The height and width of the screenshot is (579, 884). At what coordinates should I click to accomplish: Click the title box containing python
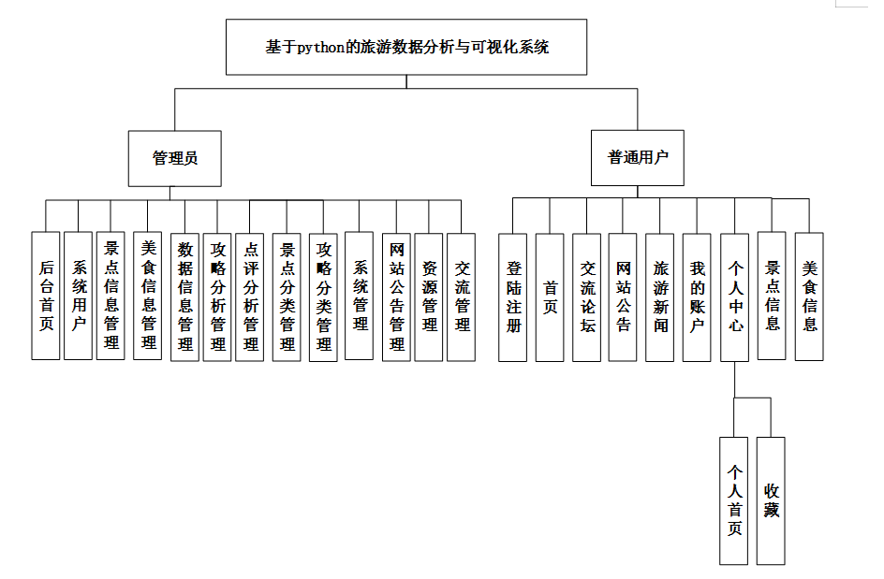(406, 47)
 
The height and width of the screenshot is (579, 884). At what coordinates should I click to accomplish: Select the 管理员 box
(175, 158)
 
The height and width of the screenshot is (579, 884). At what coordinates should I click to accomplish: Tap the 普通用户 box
(639, 158)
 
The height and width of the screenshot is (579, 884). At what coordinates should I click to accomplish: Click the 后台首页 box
(46, 296)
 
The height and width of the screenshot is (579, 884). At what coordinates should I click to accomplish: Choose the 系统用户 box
(79, 296)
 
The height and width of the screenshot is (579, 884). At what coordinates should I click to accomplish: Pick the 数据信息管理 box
(185, 296)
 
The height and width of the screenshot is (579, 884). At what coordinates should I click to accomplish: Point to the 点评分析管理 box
(250, 296)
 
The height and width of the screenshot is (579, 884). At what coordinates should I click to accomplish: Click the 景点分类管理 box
(287, 296)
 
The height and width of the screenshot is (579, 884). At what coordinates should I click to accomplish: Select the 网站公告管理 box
(396, 296)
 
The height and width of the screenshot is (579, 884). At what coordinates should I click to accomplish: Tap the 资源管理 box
(429, 296)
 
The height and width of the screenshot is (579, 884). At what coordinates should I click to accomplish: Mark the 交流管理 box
(462, 296)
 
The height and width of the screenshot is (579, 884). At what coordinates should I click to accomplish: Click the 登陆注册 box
(512, 297)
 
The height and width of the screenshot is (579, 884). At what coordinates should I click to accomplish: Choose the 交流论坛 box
(587, 297)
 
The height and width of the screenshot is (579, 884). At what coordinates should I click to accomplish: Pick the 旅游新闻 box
(660, 297)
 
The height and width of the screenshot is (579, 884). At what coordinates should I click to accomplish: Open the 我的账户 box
(697, 297)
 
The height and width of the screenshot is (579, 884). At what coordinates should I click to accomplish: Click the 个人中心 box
(735, 297)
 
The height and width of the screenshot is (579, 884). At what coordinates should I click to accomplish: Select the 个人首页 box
(734, 500)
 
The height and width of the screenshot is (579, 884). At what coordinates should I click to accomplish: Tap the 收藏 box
(771, 500)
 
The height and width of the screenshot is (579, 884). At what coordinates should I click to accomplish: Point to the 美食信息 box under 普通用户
(809, 296)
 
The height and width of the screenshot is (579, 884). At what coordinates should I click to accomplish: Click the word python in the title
(321, 47)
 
